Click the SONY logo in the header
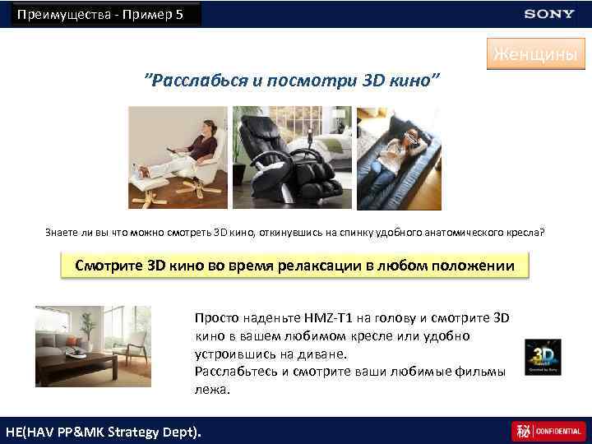tap(550, 14)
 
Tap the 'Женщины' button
tap(535, 54)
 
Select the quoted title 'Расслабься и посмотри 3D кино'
tap(292, 81)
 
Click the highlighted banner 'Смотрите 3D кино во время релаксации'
tap(295, 266)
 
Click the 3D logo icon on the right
tap(543, 355)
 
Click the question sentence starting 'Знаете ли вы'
tap(294, 232)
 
